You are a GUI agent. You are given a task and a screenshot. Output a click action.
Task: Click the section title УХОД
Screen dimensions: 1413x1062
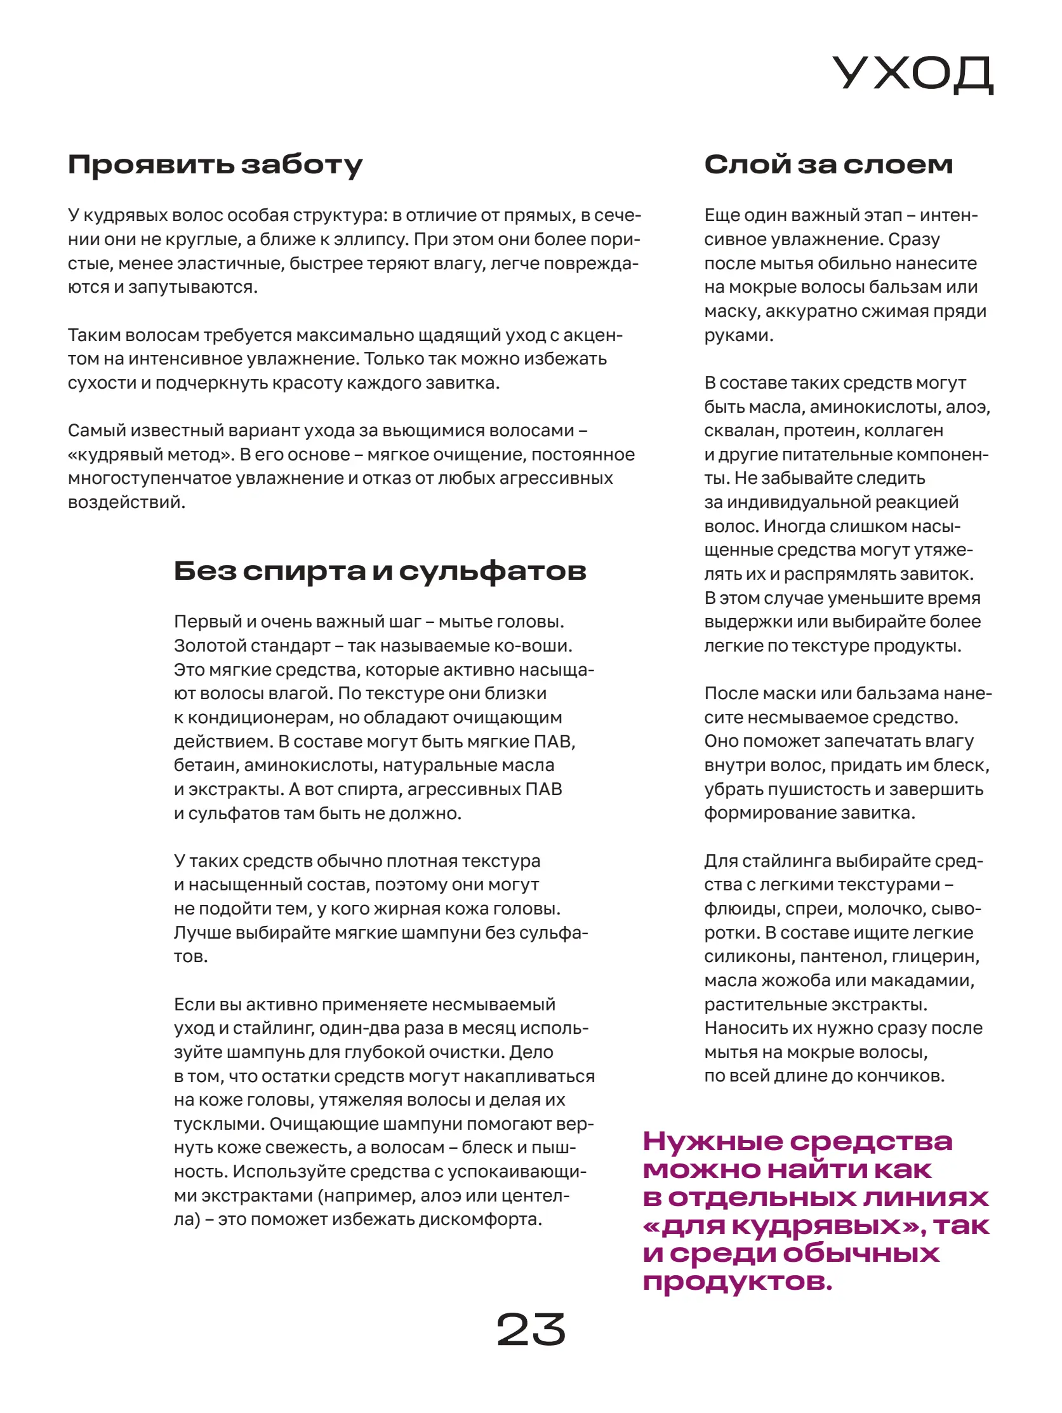(x=912, y=75)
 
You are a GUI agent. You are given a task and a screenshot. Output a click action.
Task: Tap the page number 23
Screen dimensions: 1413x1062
(x=531, y=1330)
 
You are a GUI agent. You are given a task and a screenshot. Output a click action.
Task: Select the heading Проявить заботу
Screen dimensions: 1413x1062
(x=215, y=165)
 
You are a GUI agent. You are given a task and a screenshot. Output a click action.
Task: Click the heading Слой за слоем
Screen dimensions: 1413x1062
(x=828, y=165)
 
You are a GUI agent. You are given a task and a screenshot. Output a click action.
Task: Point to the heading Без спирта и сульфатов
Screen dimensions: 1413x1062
(x=380, y=570)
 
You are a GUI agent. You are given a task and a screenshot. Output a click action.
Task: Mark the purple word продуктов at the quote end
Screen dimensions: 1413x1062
(x=736, y=1282)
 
